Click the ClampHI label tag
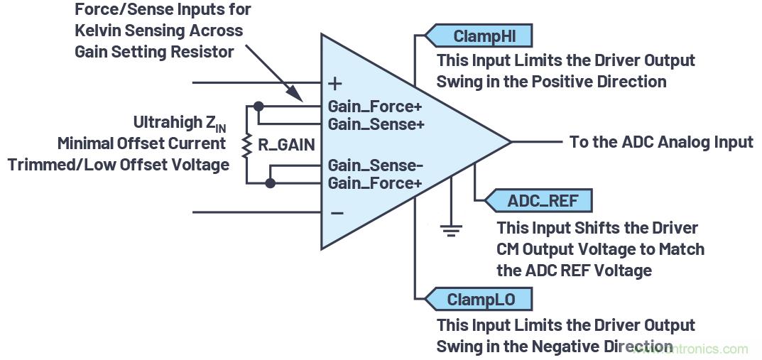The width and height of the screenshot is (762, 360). tap(479, 35)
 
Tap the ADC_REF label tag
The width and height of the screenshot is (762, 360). tap(538, 200)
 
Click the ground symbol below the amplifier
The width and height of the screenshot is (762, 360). tap(451, 229)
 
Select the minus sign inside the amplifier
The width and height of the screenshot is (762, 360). tap(337, 212)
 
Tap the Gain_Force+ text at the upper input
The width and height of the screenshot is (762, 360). tap(375, 107)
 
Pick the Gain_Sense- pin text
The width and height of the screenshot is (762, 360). tap(375, 166)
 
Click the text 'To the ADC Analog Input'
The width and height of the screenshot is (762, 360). tap(661, 142)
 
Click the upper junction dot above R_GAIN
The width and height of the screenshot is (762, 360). tap(258, 107)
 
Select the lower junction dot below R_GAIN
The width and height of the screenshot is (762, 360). tap(270, 183)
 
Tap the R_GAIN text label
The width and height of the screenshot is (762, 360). tap(286, 145)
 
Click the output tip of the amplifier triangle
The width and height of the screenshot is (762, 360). tap(510, 142)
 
